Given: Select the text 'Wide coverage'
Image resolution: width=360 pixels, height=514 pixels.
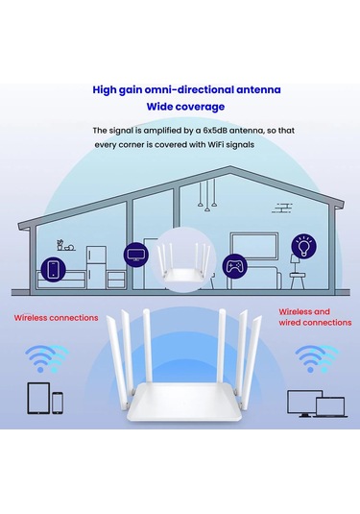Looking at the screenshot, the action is coord(186,107).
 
